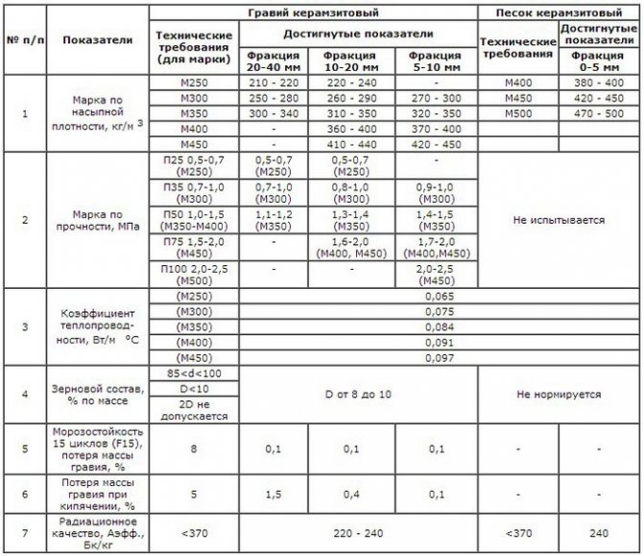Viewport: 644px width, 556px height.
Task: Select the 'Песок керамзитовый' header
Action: (x=560, y=14)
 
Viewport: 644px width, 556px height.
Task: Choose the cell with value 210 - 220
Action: (x=274, y=84)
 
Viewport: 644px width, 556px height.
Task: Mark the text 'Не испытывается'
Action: (x=560, y=219)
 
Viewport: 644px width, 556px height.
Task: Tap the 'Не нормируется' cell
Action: (x=560, y=394)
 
